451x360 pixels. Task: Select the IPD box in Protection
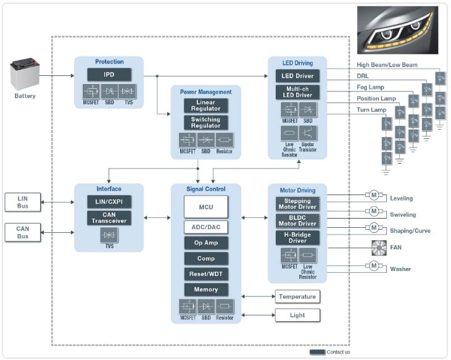point(109,75)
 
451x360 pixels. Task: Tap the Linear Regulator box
point(205,106)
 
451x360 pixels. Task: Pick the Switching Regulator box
point(205,122)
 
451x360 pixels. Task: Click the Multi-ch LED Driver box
point(297,92)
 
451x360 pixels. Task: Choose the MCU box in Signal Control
point(206,207)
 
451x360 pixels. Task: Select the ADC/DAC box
point(206,227)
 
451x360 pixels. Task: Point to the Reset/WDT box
point(206,274)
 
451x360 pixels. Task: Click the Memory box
point(206,289)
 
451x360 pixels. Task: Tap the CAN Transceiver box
point(109,217)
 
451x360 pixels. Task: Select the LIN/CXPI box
point(109,201)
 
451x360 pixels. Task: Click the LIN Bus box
point(22,201)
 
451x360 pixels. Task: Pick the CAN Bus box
point(22,232)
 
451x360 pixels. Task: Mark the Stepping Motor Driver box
point(297,204)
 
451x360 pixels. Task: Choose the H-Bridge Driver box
point(297,238)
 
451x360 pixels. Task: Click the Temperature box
point(297,296)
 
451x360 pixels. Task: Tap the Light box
point(297,315)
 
